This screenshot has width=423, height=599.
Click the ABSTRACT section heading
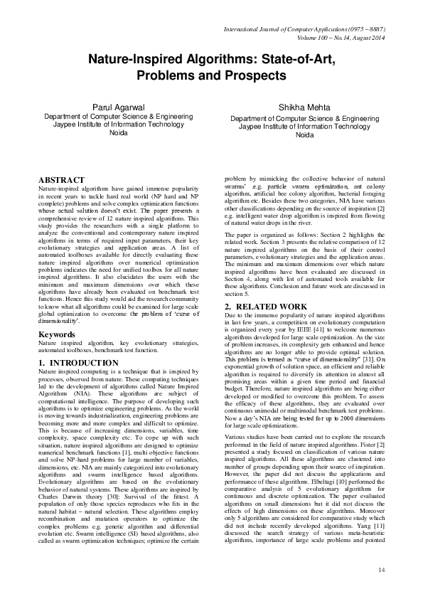click(x=61, y=181)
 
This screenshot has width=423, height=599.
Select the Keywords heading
click(x=57, y=334)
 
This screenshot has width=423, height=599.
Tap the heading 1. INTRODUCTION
click(x=78, y=363)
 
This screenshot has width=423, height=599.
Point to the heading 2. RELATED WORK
click(x=266, y=307)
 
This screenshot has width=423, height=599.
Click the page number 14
click(x=382, y=568)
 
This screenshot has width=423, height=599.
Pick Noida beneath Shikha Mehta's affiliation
click(x=304, y=134)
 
